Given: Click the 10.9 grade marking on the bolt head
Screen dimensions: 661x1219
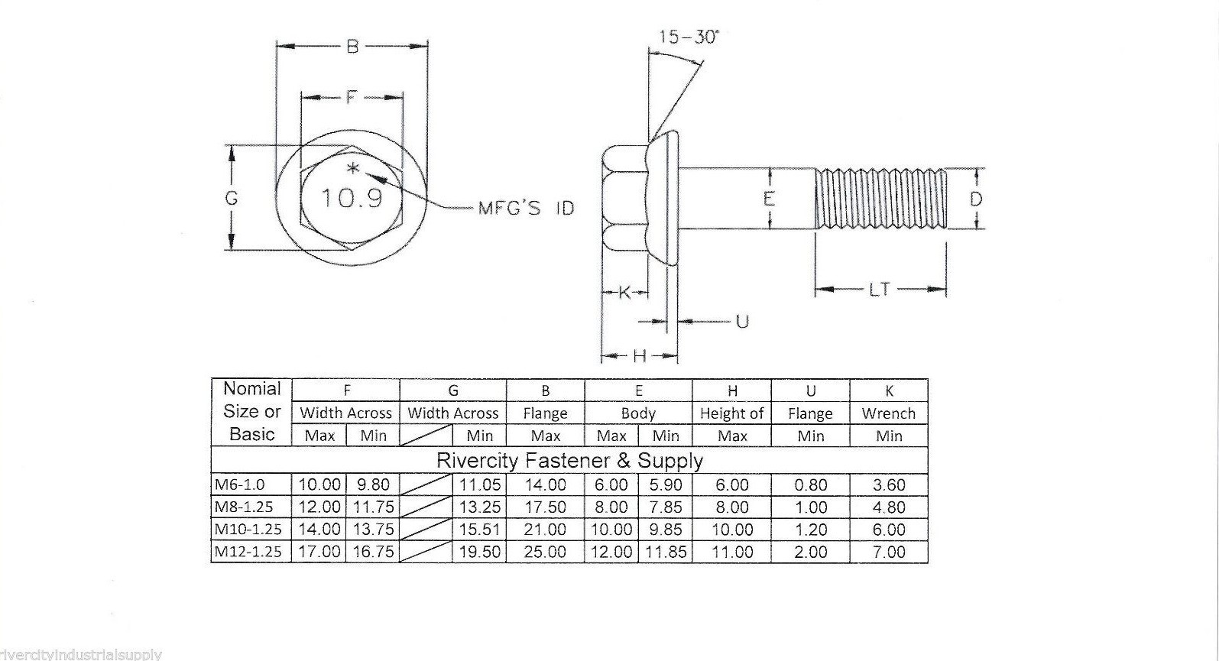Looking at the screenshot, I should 351,199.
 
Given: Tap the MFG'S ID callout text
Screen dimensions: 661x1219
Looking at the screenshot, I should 526,208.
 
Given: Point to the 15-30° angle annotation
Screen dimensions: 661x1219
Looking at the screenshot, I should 689,37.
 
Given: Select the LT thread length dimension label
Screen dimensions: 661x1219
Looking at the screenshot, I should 880,290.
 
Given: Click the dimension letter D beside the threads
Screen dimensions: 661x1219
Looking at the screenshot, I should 976,199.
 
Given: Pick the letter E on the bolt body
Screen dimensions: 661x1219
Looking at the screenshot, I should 769,199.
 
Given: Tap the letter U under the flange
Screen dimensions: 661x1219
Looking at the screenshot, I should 741,321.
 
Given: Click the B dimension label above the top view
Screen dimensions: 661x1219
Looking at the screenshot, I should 352,47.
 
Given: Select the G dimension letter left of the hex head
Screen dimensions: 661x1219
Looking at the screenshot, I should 232,199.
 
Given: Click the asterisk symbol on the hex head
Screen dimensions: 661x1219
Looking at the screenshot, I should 352,169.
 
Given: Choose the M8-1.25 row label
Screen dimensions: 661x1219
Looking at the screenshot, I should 244,507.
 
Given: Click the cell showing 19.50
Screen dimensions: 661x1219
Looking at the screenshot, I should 479,552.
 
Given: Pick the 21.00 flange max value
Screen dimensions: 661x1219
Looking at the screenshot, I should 545,530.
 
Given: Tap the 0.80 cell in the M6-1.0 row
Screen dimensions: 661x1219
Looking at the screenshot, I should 810,485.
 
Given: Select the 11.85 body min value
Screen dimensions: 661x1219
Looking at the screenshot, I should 666,552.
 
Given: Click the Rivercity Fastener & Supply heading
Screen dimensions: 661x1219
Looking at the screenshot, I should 569,461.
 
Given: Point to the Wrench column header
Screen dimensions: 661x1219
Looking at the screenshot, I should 888,413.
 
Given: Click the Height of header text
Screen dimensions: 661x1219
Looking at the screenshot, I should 731,413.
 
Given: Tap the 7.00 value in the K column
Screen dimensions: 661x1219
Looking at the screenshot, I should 888,552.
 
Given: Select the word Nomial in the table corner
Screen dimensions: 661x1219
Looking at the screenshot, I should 252,389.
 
